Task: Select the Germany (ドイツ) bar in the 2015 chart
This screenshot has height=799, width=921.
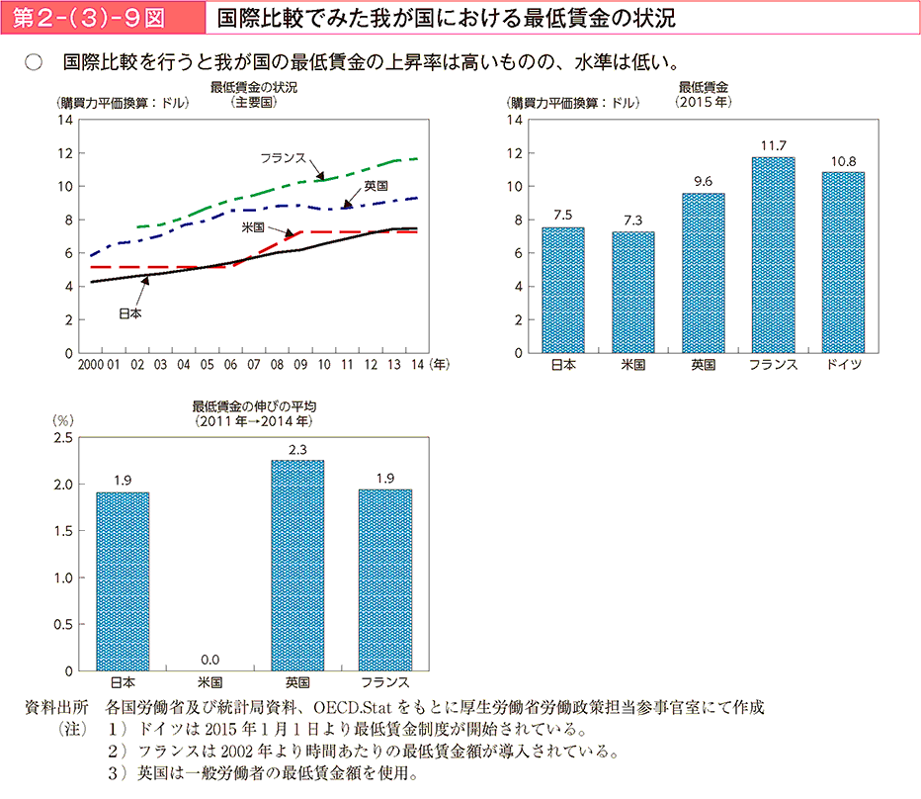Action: (843, 262)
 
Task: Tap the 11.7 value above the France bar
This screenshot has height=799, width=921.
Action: (773, 146)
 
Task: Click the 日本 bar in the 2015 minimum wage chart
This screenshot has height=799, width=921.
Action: (562, 290)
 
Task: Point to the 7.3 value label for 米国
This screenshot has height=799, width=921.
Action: (632, 221)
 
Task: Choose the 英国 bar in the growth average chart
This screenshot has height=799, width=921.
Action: (297, 565)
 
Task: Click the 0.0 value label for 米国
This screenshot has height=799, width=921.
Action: (209, 660)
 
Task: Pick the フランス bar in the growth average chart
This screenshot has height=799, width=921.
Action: (384, 579)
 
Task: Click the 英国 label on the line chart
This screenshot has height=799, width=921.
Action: (376, 186)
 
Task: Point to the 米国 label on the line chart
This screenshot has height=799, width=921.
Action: (253, 226)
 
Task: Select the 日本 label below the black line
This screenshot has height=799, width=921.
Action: (129, 313)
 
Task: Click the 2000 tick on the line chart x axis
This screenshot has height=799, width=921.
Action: (89, 365)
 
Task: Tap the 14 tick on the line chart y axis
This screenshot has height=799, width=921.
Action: (67, 120)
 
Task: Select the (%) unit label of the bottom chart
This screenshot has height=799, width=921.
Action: (63, 420)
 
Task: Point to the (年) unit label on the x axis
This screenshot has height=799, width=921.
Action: (439, 364)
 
